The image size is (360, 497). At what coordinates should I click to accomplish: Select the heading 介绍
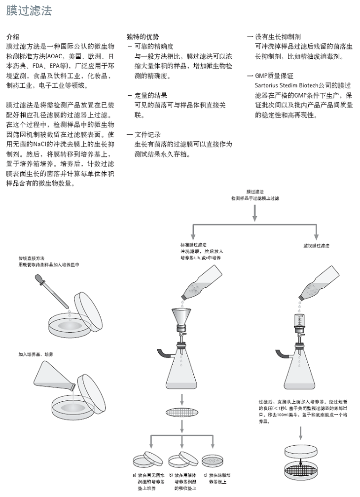point(13,37)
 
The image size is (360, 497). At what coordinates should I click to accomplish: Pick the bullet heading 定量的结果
point(151,95)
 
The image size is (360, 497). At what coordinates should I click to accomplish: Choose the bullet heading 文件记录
point(147,135)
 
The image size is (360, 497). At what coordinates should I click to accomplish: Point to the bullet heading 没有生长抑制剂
point(278,37)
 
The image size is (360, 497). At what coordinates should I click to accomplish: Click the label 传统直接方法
point(32,259)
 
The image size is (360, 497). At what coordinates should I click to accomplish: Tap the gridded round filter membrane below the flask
point(182,413)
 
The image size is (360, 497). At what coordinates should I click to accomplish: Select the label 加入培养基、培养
point(36,354)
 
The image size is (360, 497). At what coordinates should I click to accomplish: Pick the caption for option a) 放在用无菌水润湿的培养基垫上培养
point(146,481)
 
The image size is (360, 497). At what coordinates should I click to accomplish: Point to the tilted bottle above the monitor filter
point(321,283)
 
